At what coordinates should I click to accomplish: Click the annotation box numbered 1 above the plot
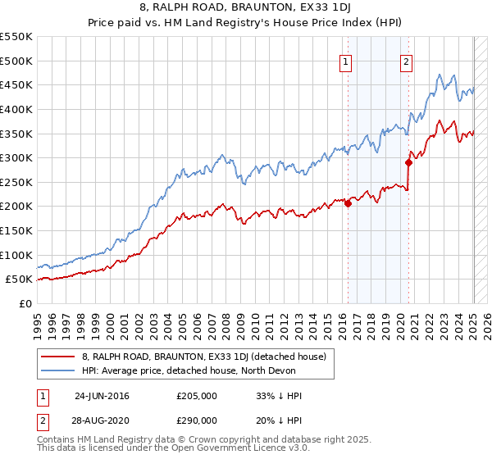[x=345, y=61]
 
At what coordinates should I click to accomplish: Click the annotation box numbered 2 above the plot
[x=407, y=61]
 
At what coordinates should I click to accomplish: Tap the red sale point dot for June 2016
[x=348, y=204]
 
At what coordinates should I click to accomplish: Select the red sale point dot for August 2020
[x=408, y=162]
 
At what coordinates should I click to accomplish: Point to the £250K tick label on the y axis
[x=16, y=182]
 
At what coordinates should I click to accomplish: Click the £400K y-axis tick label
[x=16, y=109]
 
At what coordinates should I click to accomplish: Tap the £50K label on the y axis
[x=20, y=279]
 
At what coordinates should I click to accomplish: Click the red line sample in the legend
[x=58, y=357]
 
